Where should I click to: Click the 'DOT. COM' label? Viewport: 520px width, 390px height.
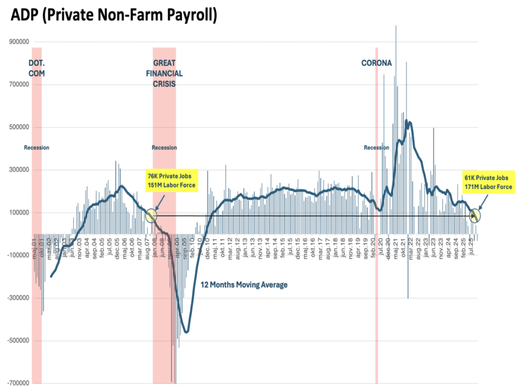(x=37, y=68)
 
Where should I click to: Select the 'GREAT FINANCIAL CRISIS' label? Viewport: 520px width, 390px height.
(x=164, y=73)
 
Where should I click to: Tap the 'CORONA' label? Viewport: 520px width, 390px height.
(x=376, y=63)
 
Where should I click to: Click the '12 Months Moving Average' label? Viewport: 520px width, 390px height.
(x=244, y=285)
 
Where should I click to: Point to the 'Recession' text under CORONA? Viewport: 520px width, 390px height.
(x=376, y=148)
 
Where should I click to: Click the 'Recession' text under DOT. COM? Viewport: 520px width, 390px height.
(x=37, y=148)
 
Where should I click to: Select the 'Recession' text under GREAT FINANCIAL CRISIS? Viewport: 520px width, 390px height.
(x=164, y=148)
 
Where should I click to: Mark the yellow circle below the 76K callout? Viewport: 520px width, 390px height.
(x=151, y=216)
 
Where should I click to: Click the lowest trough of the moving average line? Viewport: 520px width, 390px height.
(x=186, y=332)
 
